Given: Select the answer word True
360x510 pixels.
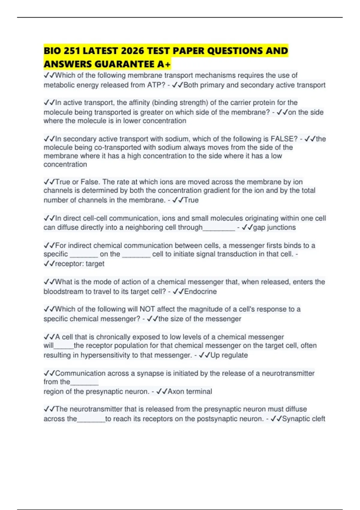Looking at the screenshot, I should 191,200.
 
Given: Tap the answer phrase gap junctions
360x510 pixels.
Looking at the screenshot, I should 274,227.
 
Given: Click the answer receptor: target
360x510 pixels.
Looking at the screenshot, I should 79,264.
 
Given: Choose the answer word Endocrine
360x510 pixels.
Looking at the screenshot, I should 200,292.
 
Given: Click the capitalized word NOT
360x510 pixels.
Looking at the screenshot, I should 147,309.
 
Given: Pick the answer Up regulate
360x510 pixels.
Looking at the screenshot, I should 229,355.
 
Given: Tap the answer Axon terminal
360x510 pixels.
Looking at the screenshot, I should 190,391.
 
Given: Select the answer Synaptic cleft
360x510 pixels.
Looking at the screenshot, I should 303,419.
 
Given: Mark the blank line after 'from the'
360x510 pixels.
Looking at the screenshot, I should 84,383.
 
